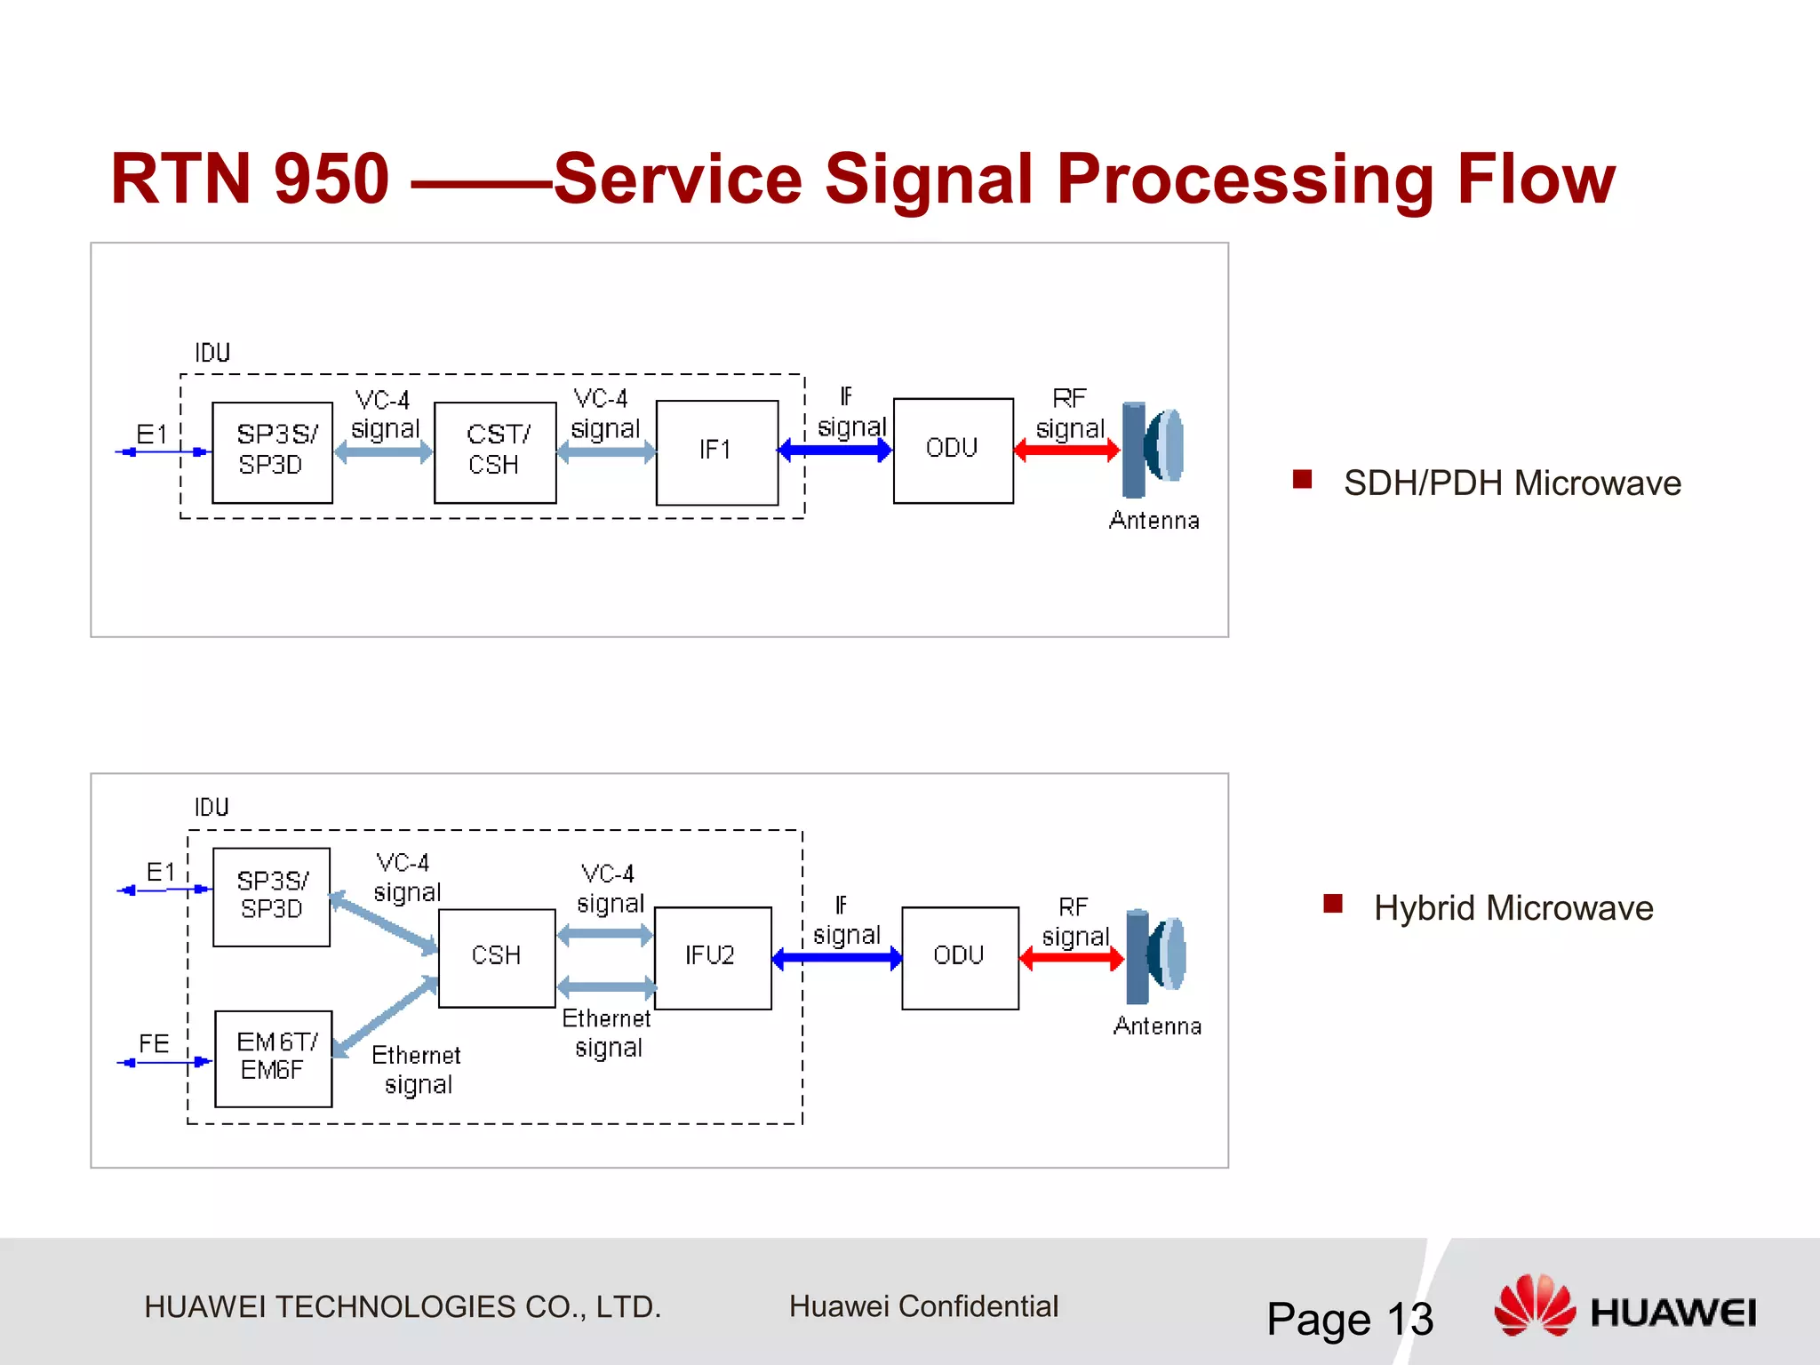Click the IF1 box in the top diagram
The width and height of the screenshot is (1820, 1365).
(x=716, y=452)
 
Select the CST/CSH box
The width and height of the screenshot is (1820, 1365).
(x=495, y=452)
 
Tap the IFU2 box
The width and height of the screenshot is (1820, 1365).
(x=712, y=957)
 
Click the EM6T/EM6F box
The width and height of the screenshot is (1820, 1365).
(x=274, y=1058)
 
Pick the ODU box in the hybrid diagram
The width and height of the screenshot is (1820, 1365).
(x=960, y=957)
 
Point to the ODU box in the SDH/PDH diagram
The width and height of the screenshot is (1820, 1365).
(x=953, y=450)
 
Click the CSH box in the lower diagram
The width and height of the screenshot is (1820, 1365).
(x=497, y=957)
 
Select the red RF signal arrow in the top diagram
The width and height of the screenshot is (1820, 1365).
(x=1066, y=451)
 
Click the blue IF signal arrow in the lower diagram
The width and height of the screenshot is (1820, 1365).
(x=837, y=958)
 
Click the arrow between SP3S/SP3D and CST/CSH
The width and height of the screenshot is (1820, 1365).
(x=383, y=452)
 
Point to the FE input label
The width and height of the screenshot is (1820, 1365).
(x=154, y=1043)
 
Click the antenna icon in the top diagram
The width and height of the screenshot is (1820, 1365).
(x=1153, y=449)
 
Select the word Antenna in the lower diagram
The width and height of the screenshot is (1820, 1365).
(x=1157, y=1026)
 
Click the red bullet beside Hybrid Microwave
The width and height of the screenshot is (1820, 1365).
(x=1332, y=904)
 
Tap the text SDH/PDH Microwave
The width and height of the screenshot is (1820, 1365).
(x=1512, y=483)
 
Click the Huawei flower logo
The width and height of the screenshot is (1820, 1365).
(x=1535, y=1305)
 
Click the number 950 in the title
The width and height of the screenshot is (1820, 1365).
(x=331, y=180)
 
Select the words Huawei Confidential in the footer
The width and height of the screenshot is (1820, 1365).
(x=923, y=1306)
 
